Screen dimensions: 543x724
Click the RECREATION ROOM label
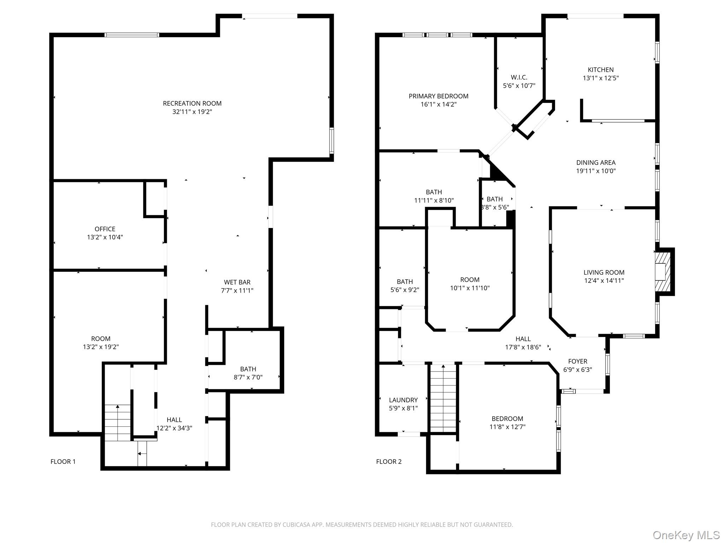pos(192,104)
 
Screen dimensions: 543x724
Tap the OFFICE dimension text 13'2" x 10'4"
pos(105,237)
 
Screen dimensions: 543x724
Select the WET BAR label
pos(237,282)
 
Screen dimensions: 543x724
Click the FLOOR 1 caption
pos(63,461)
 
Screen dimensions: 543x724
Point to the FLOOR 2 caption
pos(389,461)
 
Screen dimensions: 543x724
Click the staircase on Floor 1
pos(118,422)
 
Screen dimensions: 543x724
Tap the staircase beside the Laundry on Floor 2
pos(443,398)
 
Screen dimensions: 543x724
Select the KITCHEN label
pos(601,70)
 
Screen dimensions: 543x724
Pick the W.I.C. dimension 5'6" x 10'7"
pos(519,86)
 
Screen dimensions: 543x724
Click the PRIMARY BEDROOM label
pos(438,96)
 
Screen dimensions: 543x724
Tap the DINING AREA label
pos(596,163)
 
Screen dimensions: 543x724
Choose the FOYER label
pos(578,361)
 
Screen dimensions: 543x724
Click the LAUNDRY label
pos(403,400)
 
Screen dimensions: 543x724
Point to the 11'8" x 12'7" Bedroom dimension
pos(507,427)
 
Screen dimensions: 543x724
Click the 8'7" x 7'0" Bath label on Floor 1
pos(248,373)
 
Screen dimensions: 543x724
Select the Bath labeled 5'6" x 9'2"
pos(404,286)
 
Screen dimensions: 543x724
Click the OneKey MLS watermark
pos(686,535)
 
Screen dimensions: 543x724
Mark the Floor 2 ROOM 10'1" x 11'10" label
pos(469,284)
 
